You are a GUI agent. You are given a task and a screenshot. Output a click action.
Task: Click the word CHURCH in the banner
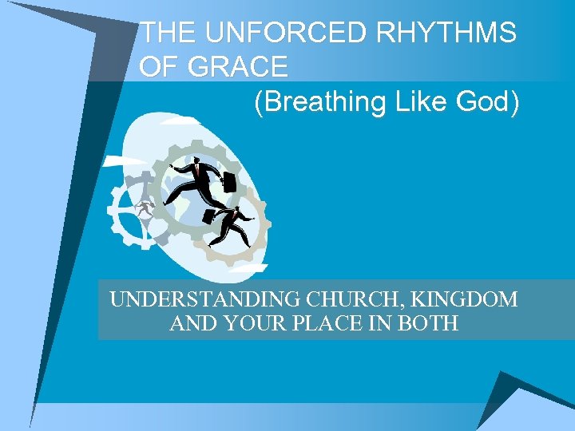click(x=344, y=300)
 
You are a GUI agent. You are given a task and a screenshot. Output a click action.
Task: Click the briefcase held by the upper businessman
click(x=229, y=181)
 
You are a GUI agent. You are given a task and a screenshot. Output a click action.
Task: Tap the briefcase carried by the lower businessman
click(x=209, y=215)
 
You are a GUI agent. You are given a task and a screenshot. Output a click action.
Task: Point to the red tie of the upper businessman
click(x=195, y=170)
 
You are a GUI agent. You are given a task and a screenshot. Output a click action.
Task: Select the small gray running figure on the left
click(x=144, y=209)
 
